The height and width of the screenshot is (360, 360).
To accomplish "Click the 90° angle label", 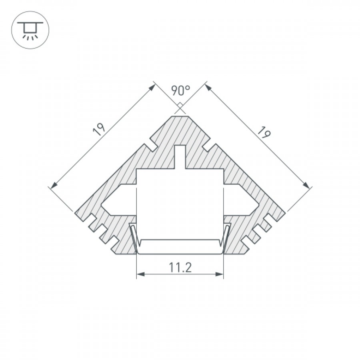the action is [x=181, y=90].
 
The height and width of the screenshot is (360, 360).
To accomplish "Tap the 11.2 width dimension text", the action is [x=180, y=268].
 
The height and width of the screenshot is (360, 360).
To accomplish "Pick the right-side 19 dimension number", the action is [x=264, y=132].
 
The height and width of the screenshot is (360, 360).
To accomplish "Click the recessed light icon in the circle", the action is [x=30, y=30].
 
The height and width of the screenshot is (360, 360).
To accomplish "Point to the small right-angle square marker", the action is [x=180, y=105].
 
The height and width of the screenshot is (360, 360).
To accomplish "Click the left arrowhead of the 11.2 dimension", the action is [x=140, y=274].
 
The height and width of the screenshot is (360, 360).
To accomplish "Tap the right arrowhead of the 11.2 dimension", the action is [x=220, y=274].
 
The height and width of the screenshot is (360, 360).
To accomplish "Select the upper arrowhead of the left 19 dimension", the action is [x=152, y=88].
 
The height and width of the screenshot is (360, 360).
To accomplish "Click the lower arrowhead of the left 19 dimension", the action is [x=54, y=186].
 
